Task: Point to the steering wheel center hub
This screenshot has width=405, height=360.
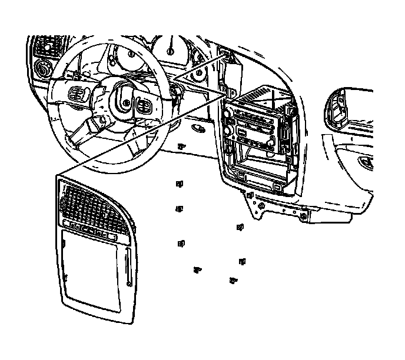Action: click(124, 96)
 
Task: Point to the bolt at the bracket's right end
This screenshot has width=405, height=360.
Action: click(303, 216)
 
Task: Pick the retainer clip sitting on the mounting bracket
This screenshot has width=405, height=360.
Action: click(251, 194)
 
